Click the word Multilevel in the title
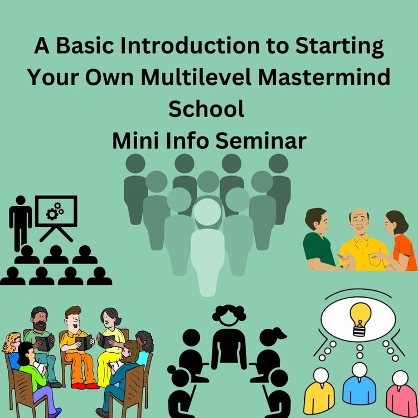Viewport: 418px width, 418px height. [x=196, y=77]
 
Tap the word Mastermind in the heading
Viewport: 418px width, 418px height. [x=324, y=77]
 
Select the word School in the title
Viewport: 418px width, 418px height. [x=206, y=109]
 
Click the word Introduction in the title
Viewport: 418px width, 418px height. [x=190, y=46]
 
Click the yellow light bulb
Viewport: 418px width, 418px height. [x=360, y=319]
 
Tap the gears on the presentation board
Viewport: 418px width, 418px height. [x=55, y=211]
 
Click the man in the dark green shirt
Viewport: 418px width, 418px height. [x=319, y=240]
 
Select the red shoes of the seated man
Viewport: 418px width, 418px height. [x=85, y=386]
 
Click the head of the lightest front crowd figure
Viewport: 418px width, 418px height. [x=207, y=212]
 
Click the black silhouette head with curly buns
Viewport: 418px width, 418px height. [x=229, y=314]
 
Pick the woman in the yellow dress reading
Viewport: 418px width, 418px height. [x=111, y=347]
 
